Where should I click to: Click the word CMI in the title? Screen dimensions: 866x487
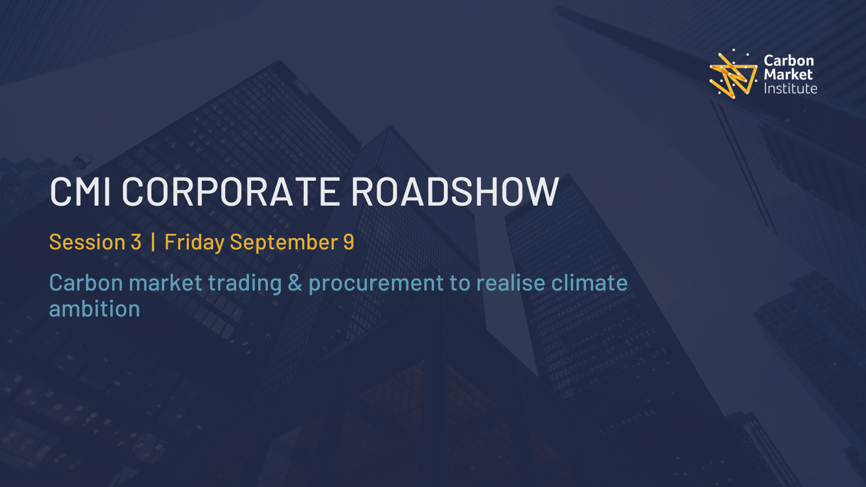pos(81,192)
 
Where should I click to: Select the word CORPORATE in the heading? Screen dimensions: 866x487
pos(231,192)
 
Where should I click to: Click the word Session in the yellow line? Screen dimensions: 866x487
pos(87,242)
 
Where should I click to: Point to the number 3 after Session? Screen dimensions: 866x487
pos(136,242)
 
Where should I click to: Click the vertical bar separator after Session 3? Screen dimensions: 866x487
pos(154,241)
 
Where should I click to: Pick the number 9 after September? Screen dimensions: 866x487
pos(349,242)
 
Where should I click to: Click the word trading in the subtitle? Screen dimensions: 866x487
pos(245,284)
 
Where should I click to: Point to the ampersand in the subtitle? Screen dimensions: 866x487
pos(295,282)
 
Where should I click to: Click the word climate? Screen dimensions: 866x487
pos(589,282)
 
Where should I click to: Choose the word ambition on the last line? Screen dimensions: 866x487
pos(95,309)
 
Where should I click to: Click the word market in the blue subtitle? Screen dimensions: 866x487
pos(166,282)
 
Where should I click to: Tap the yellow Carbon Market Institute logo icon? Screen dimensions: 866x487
pos(733,74)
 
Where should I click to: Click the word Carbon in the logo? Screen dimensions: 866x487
pos(789,61)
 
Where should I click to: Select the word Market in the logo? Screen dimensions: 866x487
pos(788,74)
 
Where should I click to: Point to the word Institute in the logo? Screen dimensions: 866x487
pos(790,89)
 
